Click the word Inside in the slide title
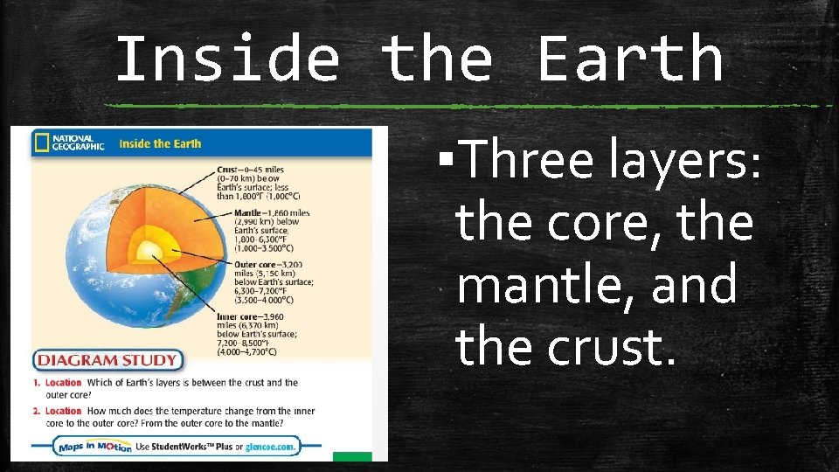coord(227,59)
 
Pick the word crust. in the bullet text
coord(611,348)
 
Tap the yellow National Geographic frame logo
coord(41,143)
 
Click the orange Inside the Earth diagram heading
coord(160,143)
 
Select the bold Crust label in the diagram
coord(229,169)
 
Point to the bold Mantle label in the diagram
coord(249,212)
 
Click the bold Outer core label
coord(257,264)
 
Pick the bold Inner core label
coord(254,316)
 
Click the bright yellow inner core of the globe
coord(149,253)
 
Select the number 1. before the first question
coord(38,383)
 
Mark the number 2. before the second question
coord(38,411)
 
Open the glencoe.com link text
coord(271,447)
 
